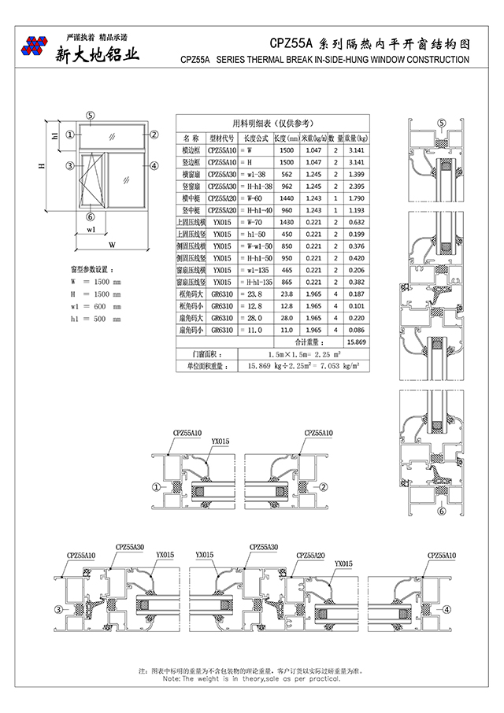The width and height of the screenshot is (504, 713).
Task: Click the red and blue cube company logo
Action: click(x=36, y=46)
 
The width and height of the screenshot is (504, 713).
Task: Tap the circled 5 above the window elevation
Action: click(x=91, y=114)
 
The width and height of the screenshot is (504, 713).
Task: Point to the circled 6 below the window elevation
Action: click(x=91, y=216)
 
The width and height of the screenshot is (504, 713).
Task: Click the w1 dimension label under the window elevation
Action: click(x=91, y=231)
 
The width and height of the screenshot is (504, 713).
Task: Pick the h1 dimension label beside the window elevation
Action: click(x=54, y=135)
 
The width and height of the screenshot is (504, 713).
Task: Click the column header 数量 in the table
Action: click(x=335, y=137)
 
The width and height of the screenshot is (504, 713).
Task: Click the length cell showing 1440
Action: click(x=286, y=198)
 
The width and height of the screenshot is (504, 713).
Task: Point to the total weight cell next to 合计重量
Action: click(x=356, y=342)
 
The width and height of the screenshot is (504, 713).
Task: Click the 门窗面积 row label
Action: click(x=195, y=354)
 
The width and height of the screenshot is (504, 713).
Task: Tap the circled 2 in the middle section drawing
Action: click(x=324, y=487)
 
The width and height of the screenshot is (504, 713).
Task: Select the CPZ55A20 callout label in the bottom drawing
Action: click(x=310, y=555)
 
